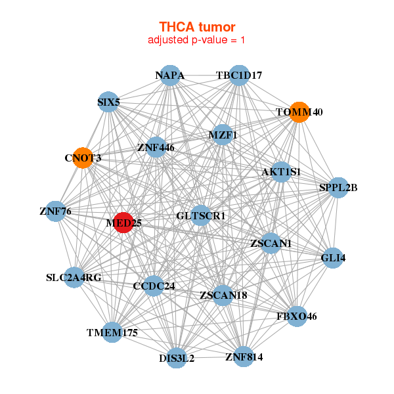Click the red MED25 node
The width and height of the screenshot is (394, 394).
pyautogui.click(x=123, y=223)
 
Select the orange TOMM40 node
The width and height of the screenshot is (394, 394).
pyautogui.click(x=299, y=112)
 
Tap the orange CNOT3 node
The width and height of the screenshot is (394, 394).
pyautogui.click(x=83, y=158)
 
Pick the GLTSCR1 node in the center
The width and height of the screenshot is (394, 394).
pyautogui.click(x=200, y=215)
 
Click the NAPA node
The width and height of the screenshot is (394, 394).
pyautogui.click(x=170, y=76)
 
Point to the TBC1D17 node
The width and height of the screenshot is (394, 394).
pyautogui.click(x=239, y=76)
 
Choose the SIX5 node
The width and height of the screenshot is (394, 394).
pyautogui.click(x=108, y=102)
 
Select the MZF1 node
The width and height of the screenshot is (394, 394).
pyautogui.click(x=223, y=135)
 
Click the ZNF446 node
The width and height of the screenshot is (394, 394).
pyautogui.click(x=156, y=147)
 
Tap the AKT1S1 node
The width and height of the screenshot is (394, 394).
pyautogui.click(x=281, y=172)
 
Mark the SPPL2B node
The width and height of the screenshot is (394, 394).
pyautogui.click(x=338, y=187)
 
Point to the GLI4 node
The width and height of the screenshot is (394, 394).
pyautogui.click(x=333, y=258)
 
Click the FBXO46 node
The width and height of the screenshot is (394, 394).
pyautogui.click(x=297, y=316)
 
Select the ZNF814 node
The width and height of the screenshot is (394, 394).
pyautogui.click(x=244, y=357)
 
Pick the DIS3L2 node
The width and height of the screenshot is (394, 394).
pyautogui.click(x=177, y=358)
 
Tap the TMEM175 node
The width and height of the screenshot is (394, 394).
pyautogui.click(x=112, y=332)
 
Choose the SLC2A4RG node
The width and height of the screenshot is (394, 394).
pyautogui.click(x=74, y=277)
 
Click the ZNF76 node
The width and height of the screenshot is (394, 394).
pyautogui.click(x=56, y=211)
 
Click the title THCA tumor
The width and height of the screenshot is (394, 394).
pyautogui.click(x=197, y=27)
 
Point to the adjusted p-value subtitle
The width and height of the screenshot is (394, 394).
pyautogui.click(x=196, y=40)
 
